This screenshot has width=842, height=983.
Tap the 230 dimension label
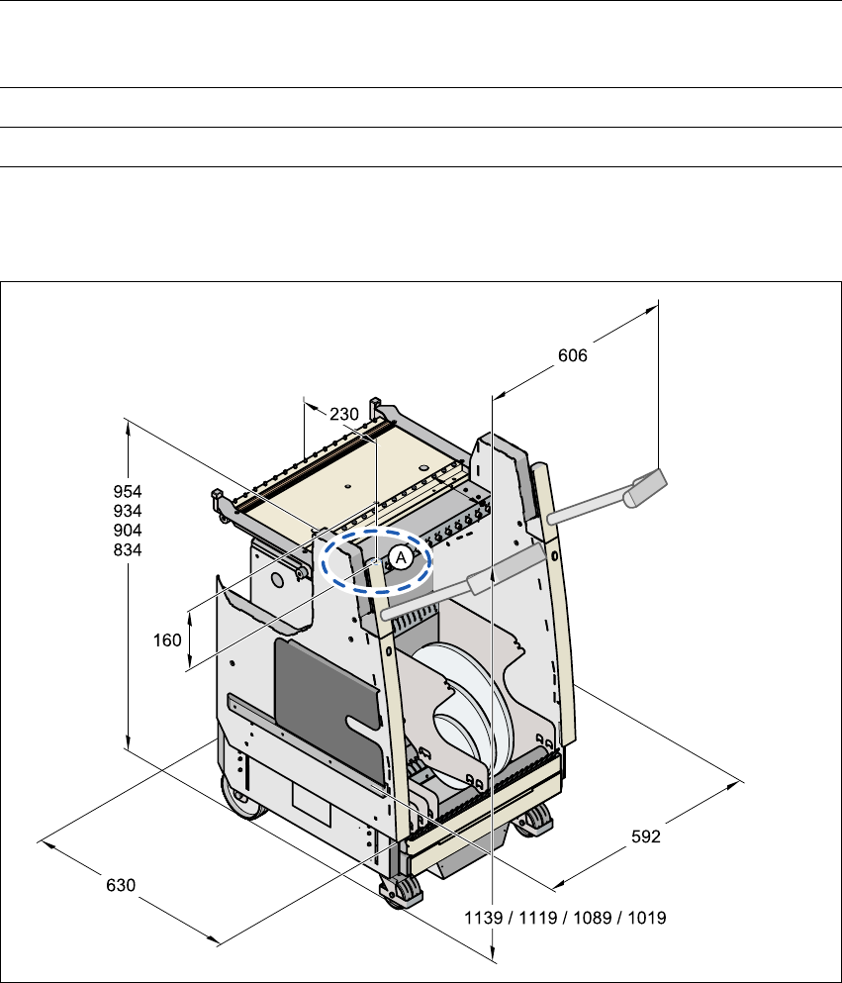(343, 415)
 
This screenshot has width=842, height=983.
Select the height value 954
(128, 491)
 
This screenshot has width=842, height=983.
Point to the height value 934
(128, 511)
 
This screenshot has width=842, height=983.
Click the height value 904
(128, 530)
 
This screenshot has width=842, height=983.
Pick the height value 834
(128, 549)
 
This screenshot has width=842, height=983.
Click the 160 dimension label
(168, 640)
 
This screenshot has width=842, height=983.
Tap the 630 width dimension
(121, 884)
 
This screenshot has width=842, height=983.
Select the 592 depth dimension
(645, 836)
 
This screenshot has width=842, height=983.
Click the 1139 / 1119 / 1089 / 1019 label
(565, 918)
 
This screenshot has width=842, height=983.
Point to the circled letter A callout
(400, 557)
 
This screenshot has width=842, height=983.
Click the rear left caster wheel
(243, 797)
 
